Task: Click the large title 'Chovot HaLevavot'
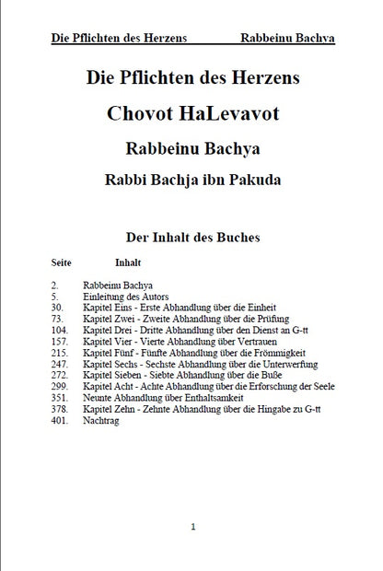point(192,114)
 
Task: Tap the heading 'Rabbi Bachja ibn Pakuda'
point(192,178)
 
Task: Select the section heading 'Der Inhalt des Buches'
point(192,237)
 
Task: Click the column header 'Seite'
point(62,262)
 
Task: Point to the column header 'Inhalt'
point(127,262)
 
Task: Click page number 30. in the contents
point(57,307)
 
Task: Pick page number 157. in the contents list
point(61,340)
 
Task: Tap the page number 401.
point(61,421)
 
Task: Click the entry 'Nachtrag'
point(102,421)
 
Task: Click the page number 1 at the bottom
point(192,526)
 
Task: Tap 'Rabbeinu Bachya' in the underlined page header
point(286,39)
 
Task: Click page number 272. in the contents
point(61,376)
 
